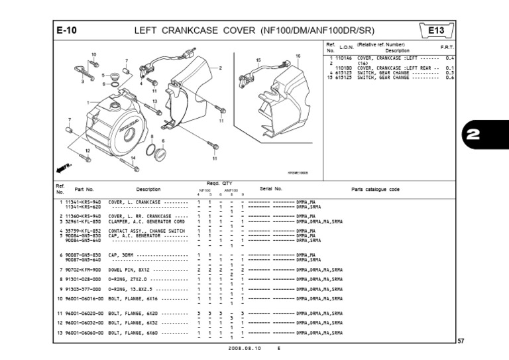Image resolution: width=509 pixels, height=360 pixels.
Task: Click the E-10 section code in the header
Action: (68, 30)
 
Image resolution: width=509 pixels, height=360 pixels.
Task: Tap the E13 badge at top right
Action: (437, 30)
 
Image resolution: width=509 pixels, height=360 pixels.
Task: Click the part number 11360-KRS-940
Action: (84, 215)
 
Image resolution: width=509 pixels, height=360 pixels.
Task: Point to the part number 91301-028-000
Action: (84, 280)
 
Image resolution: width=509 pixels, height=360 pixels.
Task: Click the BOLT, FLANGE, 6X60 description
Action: (137, 332)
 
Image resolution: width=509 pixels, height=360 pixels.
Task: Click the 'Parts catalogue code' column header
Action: (375, 189)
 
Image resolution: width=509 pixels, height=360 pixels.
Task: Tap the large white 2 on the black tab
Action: (485, 136)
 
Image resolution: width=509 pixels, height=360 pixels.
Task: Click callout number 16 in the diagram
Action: (298, 55)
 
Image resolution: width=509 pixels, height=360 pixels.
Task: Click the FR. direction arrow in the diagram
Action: (64, 163)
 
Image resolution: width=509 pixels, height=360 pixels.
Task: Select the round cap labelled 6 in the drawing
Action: (160, 154)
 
